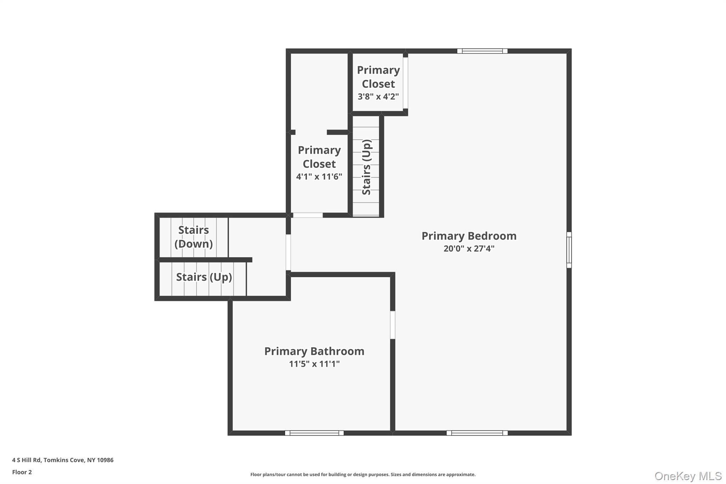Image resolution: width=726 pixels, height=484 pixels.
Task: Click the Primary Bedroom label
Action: [x=469, y=236]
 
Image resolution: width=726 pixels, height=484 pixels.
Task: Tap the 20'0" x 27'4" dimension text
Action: [x=469, y=249]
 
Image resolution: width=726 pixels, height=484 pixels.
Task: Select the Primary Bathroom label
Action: [x=314, y=351]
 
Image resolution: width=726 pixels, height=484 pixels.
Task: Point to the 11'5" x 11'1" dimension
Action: [x=314, y=364]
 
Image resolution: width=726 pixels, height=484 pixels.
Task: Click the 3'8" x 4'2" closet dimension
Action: [x=378, y=96]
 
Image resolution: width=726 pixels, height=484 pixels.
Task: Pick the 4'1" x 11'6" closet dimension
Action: [x=319, y=177]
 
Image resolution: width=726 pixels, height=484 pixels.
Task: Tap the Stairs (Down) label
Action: [x=194, y=237]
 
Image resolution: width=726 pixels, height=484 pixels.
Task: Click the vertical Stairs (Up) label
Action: [x=366, y=167]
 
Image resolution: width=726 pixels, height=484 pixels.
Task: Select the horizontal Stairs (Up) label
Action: [x=204, y=277]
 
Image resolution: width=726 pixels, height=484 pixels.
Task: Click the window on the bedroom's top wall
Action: [x=482, y=51]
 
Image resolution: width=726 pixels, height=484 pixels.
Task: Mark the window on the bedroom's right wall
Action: [x=569, y=250]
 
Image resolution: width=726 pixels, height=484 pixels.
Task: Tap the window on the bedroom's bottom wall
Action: [x=477, y=433]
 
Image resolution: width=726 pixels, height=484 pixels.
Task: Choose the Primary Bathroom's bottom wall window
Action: [x=314, y=433]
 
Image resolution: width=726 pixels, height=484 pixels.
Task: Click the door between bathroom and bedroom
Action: [x=392, y=325]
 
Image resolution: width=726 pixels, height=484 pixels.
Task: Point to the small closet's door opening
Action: [x=405, y=83]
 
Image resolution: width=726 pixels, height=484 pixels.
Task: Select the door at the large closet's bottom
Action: [x=308, y=215]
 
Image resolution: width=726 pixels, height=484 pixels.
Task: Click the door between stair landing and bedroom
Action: [x=288, y=252]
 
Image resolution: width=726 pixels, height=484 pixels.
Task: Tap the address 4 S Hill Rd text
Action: [x=63, y=460]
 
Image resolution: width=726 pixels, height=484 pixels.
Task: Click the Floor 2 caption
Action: [x=22, y=472]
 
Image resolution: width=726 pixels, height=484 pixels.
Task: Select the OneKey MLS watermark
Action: [x=688, y=476]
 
